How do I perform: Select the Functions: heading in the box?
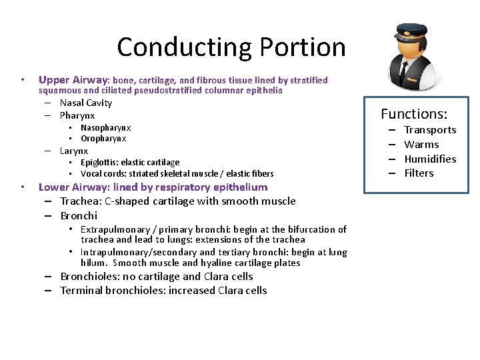click(x=414, y=114)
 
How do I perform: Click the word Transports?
click(x=430, y=130)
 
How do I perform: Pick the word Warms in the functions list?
click(x=421, y=145)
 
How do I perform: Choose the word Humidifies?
click(x=430, y=159)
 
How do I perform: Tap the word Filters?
click(x=419, y=173)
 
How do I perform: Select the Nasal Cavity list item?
click(x=86, y=103)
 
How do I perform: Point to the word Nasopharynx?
click(x=105, y=127)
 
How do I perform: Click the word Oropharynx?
click(x=103, y=139)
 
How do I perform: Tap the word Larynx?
click(x=74, y=151)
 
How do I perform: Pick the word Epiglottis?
click(x=98, y=163)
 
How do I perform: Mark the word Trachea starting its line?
click(x=79, y=201)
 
